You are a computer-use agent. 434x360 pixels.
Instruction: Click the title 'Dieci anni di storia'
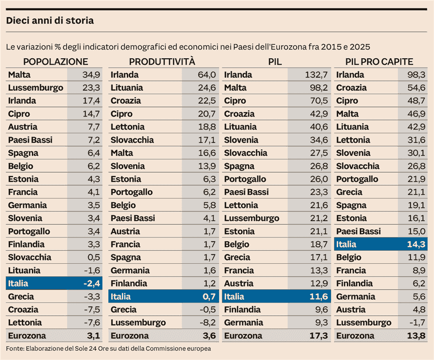click(50, 21)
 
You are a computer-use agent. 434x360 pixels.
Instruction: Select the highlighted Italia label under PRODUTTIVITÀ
click(121, 297)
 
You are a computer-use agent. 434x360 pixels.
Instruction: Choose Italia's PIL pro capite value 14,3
click(416, 244)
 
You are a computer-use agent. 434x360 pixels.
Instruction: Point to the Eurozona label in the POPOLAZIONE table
click(27, 336)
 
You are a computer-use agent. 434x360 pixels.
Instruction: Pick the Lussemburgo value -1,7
click(416, 323)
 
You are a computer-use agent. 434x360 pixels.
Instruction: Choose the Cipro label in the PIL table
click(235, 101)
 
